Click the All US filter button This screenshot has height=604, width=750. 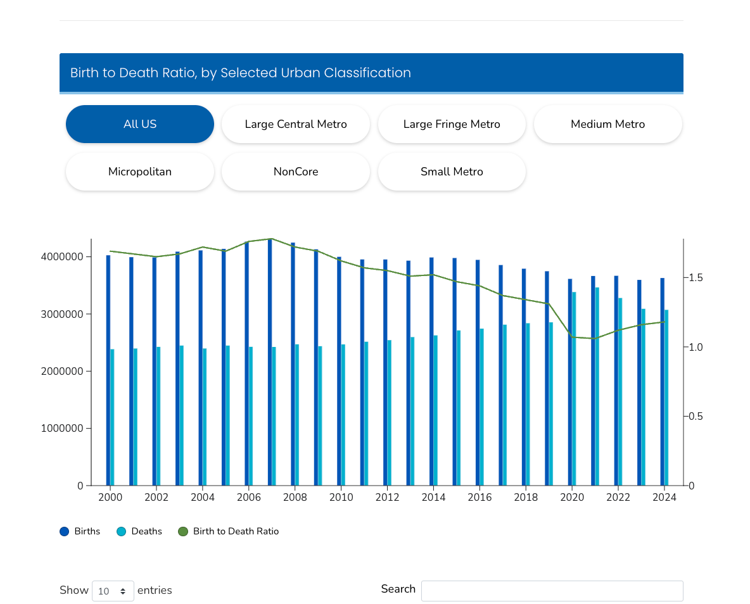(140, 124)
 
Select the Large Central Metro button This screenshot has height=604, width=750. (296, 124)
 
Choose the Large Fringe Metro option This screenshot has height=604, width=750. (452, 124)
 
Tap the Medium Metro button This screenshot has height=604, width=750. (607, 124)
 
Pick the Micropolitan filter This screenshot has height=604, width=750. (140, 172)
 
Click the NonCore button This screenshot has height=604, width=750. (296, 172)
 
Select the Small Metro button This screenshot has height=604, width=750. (452, 172)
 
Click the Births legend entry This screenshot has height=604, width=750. (80, 531)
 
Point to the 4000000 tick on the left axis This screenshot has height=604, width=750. (62, 257)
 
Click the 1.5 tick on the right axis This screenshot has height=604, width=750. (696, 278)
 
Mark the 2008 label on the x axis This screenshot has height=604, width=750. (295, 498)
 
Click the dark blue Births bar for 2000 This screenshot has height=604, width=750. (108, 370)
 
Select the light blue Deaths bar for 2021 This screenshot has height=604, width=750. (597, 386)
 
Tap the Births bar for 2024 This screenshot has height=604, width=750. (663, 382)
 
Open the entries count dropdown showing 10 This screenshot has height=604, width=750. (113, 591)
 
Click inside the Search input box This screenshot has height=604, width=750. (552, 591)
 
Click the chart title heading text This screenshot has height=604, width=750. (241, 73)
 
